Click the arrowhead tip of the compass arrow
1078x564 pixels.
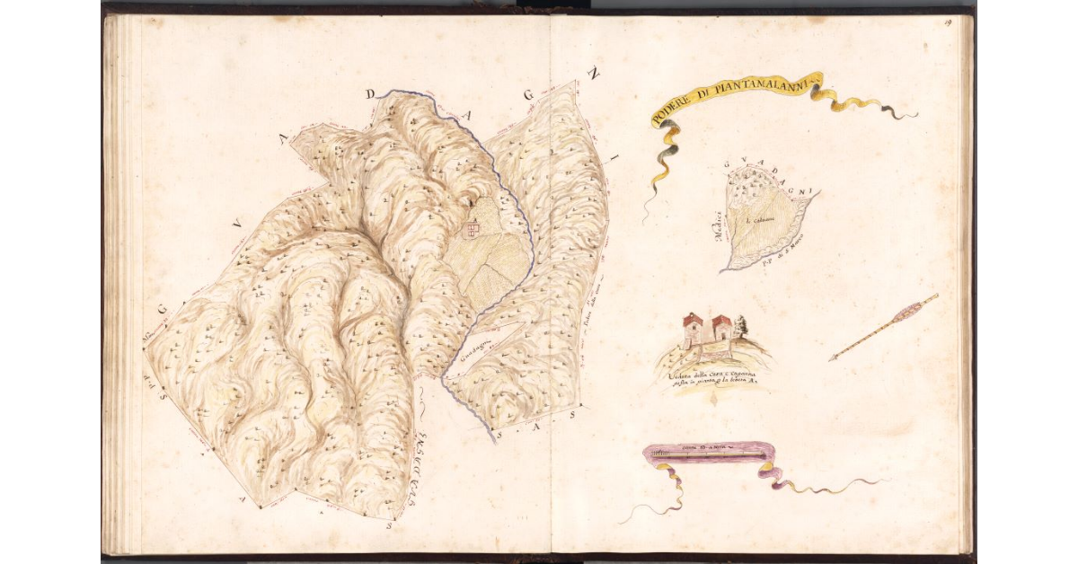(x=832, y=358)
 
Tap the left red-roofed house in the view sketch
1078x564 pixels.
(x=693, y=330)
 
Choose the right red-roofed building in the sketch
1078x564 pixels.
(x=721, y=330)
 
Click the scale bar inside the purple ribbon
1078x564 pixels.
(x=710, y=456)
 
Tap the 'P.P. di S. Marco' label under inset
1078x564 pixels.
(x=782, y=263)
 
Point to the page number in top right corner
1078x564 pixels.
(x=948, y=22)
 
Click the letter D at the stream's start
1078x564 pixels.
(x=370, y=94)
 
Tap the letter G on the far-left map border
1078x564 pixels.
(x=164, y=309)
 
